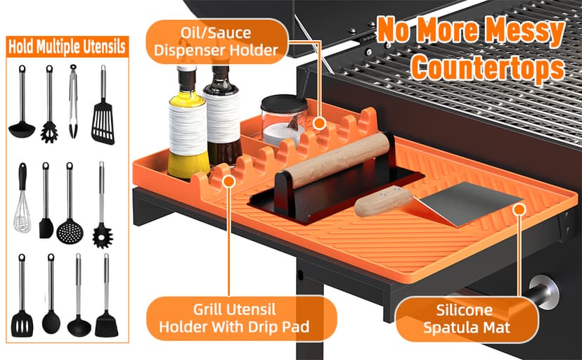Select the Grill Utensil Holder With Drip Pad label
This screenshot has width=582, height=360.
pos(238,317)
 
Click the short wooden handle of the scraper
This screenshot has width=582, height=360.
pos(382,202)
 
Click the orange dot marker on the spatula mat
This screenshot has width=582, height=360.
pos(519,208)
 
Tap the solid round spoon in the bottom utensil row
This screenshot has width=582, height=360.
pos(51,313)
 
